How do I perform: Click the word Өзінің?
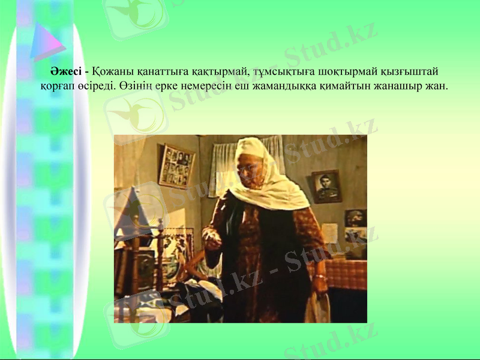[x=135, y=86]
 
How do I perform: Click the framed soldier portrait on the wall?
[x=326, y=186]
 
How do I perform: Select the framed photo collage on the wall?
[x=177, y=165]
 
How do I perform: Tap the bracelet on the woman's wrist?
[x=321, y=277]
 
